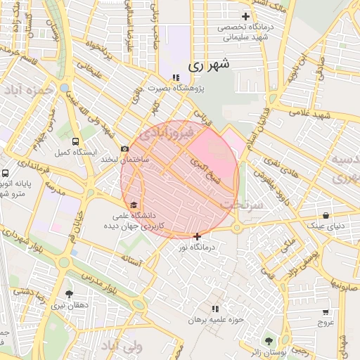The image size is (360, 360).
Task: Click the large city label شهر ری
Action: click(209, 65)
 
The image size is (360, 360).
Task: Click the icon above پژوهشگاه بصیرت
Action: click(175, 78)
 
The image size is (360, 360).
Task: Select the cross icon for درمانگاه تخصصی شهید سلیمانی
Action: click(245, 16)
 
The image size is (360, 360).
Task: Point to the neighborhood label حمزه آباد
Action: click(29, 91)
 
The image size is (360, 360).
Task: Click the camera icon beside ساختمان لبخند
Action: click(125, 149)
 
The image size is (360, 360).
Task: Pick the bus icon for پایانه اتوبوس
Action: click(6, 173)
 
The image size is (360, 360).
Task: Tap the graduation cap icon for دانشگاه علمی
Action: click(134, 205)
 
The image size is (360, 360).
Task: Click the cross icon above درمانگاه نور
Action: click(197, 236)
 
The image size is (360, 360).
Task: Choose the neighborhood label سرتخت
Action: click(243, 204)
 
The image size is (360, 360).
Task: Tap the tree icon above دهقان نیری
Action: click(69, 295)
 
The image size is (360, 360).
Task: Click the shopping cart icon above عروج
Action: click(325, 312)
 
